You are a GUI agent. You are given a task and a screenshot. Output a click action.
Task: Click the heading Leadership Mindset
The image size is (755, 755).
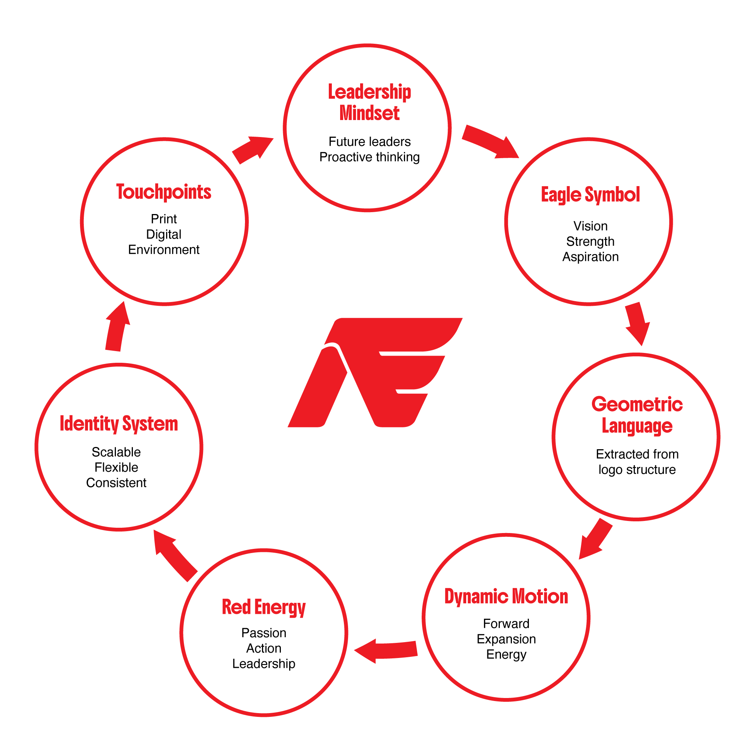point(369,102)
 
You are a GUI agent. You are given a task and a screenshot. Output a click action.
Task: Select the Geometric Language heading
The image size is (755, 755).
point(637,415)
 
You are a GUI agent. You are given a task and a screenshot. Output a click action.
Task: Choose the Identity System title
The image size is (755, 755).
point(119,424)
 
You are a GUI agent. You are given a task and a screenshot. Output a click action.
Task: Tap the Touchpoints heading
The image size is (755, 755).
point(164,192)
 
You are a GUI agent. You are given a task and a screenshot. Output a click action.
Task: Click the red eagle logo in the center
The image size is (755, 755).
point(375,373)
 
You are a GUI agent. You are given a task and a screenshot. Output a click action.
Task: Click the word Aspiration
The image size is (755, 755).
point(590,257)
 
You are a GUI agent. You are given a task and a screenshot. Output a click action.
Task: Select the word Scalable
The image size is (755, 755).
point(116,452)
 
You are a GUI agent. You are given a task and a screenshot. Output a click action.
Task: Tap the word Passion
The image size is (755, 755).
point(264,633)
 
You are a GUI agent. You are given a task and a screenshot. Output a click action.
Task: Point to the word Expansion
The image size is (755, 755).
point(506,639)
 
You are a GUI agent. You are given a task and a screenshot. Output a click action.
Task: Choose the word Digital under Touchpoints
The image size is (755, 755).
point(164,234)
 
